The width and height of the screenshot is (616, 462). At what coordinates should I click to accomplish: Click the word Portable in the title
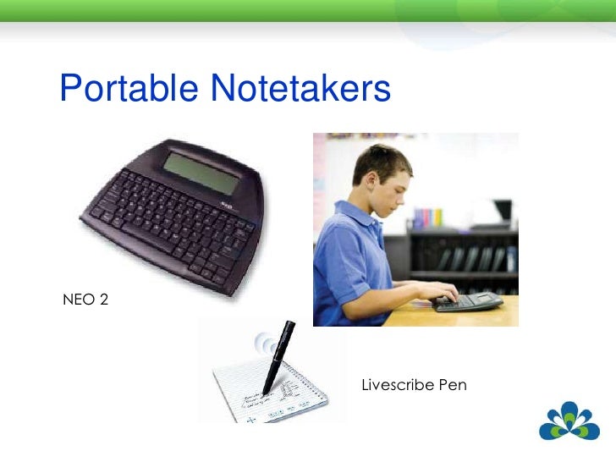[128, 88]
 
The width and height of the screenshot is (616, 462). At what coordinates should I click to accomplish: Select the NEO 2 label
[85, 299]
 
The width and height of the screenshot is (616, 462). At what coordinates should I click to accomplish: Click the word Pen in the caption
[452, 386]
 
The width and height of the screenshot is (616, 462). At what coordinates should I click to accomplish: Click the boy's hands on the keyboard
[444, 294]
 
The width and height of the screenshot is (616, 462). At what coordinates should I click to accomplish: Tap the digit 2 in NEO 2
[104, 299]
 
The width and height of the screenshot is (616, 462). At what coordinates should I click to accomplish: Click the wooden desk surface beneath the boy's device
[474, 316]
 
